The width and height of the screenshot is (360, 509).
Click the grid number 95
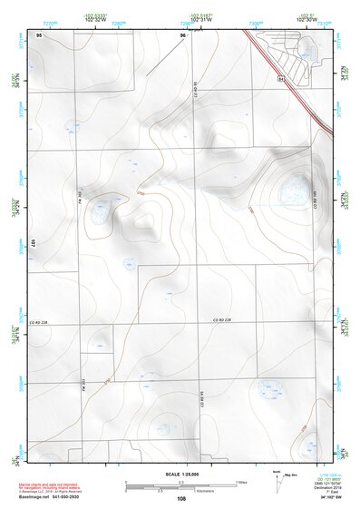pyautogui.click(x=39, y=34)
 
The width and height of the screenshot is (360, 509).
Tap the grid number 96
pyautogui.click(x=183, y=34)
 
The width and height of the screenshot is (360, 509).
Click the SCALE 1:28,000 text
pyautogui.click(x=180, y=474)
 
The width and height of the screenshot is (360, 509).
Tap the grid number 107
pyautogui.click(x=32, y=243)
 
